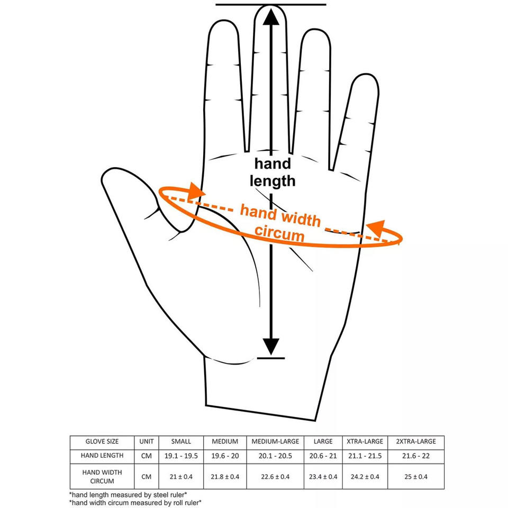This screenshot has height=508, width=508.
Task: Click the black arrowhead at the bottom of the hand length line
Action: [x=271, y=347]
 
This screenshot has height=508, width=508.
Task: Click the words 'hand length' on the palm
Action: [x=273, y=172]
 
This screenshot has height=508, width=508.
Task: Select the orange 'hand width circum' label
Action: [x=280, y=222]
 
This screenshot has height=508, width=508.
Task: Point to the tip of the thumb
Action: [x=114, y=175]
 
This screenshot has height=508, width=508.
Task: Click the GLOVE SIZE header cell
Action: [x=102, y=441]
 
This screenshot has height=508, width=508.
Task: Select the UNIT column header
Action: [x=147, y=441]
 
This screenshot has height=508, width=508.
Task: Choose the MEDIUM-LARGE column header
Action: [x=275, y=441]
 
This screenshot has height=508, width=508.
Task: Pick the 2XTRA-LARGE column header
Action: [x=416, y=441]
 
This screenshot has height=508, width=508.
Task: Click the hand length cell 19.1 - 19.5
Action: [x=181, y=456]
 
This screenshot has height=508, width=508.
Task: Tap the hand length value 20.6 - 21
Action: [x=323, y=456]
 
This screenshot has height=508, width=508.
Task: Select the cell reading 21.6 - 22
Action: [x=416, y=456]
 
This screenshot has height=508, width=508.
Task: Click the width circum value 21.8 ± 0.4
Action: [x=225, y=477]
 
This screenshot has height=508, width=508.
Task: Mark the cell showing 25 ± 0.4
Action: [x=416, y=477]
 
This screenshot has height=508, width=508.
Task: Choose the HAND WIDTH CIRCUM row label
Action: [x=102, y=477]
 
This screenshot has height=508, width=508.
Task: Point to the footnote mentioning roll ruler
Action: [x=135, y=502]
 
